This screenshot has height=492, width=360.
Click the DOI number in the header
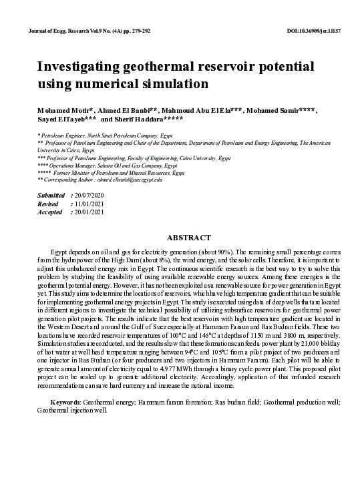tap(313, 32)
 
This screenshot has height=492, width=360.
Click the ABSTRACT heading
tap(189, 238)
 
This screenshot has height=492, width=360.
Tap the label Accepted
tap(51, 212)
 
